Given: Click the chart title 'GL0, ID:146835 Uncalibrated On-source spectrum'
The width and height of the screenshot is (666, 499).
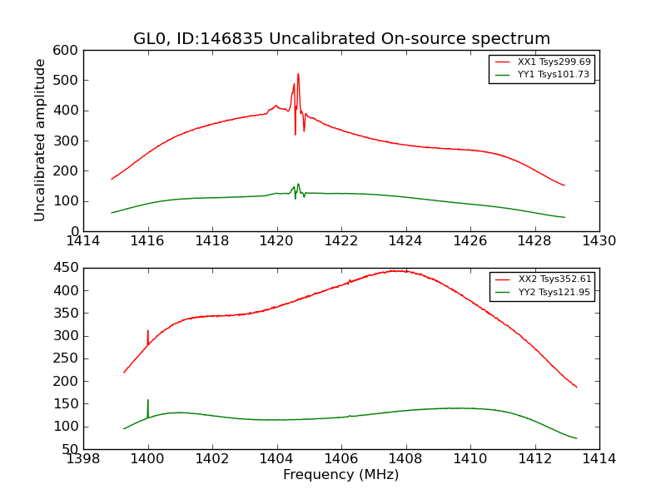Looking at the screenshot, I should (341, 39).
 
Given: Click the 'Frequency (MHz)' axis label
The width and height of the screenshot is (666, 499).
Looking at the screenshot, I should (341, 475).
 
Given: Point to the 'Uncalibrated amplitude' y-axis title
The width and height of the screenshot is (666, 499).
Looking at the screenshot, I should (40, 140).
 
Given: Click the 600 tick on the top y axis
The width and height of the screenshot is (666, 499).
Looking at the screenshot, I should (67, 51).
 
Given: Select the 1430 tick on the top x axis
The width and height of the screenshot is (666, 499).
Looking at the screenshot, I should (599, 241).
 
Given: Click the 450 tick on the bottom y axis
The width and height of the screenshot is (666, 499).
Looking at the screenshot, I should (67, 268).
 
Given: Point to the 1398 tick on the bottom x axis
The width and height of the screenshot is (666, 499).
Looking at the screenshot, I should (84, 458).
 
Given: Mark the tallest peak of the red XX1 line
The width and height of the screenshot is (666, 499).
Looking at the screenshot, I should (298, 74).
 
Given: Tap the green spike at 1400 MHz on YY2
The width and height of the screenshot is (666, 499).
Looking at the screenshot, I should (148, 401).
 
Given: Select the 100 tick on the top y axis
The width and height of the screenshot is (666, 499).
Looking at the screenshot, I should (67, 201).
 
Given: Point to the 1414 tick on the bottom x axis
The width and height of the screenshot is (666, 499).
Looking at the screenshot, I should (599, 458).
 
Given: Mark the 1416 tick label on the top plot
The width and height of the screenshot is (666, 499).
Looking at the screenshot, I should (148, 241).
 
